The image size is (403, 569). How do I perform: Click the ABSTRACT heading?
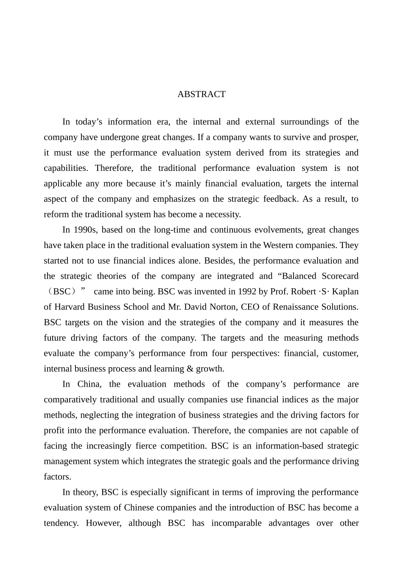(x=201, y=94)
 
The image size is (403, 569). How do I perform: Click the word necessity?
(x=222, y=215)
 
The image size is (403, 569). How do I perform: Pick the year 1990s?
(x=85, y=230)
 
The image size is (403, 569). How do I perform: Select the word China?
(x=89, y=384)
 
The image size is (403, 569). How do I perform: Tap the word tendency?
(x=61, y=523)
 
